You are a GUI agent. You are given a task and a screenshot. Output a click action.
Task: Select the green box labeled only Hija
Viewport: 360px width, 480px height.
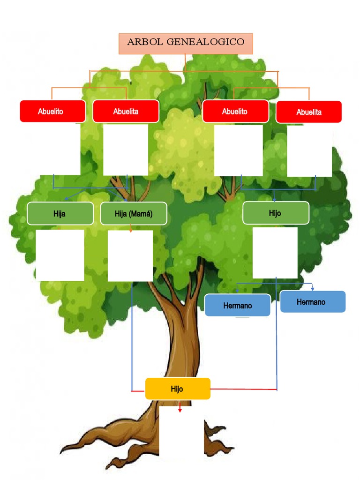click(60, 214)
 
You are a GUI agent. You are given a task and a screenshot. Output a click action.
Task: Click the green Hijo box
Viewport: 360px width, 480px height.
click(276, 213)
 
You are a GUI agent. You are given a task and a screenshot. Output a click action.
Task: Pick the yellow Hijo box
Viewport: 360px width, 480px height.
click(177, 389)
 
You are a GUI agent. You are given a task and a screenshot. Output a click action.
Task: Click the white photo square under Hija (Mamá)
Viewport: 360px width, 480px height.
click(130, 256)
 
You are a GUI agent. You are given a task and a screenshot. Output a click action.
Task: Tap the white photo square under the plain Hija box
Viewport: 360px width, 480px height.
click(60, 255)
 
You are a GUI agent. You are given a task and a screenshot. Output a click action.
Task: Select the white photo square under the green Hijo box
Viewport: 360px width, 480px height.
click(275, 253)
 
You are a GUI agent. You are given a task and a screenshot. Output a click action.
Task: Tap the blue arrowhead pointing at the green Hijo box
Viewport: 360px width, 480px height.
click(274, 199)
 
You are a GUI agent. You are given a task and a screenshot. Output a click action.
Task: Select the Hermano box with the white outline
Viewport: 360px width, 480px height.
click(238, 305)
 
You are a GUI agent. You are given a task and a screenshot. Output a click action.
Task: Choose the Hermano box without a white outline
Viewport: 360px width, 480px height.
click(313, 302)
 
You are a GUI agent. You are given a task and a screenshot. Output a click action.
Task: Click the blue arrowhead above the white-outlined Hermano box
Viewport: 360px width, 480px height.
click(237, 291)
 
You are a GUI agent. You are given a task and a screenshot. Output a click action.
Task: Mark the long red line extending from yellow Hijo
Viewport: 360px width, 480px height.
click(244, 389)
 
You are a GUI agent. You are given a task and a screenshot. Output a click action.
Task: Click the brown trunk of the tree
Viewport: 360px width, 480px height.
click(180, 337)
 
